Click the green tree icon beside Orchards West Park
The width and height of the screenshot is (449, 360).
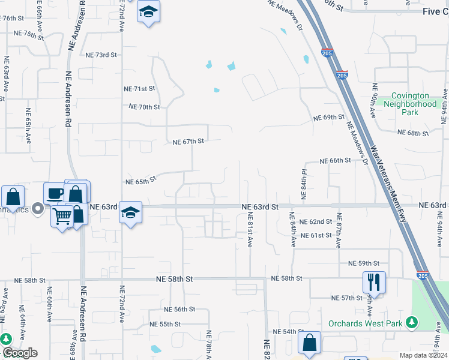pos(411,323)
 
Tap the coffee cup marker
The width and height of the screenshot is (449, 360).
pos(55,193)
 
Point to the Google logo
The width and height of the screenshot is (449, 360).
pos(20,353)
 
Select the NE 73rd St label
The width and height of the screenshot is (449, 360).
pos(101,55)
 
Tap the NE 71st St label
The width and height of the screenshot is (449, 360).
pos(139,89)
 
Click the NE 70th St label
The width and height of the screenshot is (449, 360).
pos(145,107)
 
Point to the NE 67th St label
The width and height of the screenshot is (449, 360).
pos(188,142)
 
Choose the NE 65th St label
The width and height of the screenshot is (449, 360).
pos(140,180)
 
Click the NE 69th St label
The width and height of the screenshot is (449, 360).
pos(329,118)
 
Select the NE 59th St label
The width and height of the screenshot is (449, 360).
pos(364,263)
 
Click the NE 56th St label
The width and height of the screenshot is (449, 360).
pos(180,309)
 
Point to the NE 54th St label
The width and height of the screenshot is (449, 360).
pos(285,331)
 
